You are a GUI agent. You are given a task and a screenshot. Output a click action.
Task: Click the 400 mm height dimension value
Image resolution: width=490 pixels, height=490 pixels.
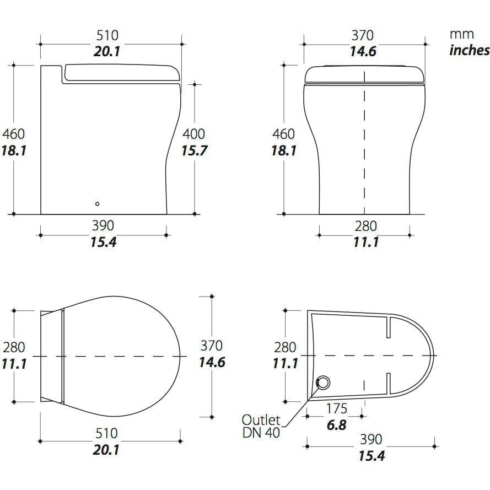[194, 134]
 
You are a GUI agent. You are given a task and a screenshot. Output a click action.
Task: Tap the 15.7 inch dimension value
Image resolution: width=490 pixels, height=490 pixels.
[194, 150]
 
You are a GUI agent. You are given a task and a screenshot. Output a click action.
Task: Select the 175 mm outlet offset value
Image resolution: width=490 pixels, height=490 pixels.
[337, 408]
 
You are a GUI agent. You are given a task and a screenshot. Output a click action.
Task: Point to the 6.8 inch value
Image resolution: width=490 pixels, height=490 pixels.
[337, 425]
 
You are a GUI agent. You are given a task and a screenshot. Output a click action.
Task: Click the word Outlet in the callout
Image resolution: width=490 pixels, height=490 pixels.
[261, 419]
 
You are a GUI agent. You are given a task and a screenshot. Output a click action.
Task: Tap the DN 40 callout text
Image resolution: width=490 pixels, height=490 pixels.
[261, 433]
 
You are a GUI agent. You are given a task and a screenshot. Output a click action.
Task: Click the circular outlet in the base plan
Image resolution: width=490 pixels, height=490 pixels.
[323, 382]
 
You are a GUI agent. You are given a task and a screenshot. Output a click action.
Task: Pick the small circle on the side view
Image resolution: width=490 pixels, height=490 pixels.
[97, 204]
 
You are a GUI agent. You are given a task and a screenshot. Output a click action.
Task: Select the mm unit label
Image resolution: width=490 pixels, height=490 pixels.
[461, 34]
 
